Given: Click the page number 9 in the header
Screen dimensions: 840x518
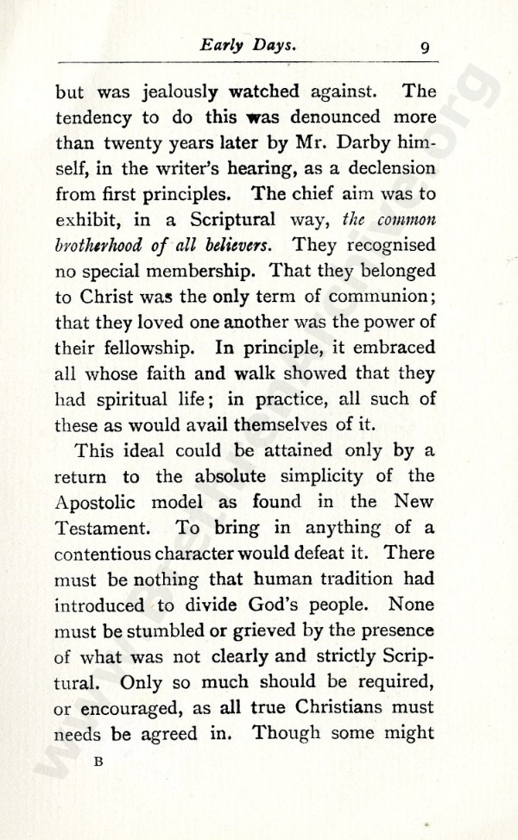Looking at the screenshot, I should [x=425, y=48].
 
